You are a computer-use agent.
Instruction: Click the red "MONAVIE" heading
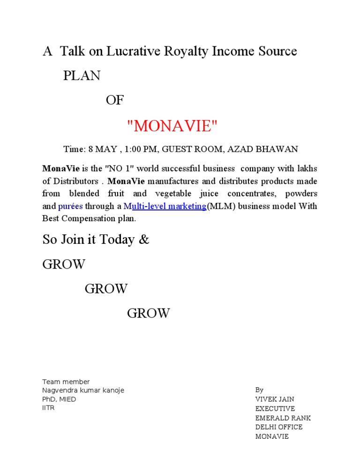click(172, 126)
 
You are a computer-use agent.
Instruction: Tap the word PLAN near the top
click(82, 76)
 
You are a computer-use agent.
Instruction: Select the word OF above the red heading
click(115, 100)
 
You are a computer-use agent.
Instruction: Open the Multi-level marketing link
click(165, 206)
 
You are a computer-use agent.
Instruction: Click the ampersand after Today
click(144, 240)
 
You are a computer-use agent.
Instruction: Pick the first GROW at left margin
click(64, 264)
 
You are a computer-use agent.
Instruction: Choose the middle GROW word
click(106, 289)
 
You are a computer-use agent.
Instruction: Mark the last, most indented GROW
click(148, 313)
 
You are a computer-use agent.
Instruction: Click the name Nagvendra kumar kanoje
click(83, 391)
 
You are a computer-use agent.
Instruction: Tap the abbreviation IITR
click(48, 408)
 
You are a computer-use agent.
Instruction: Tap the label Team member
click(66, 382)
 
